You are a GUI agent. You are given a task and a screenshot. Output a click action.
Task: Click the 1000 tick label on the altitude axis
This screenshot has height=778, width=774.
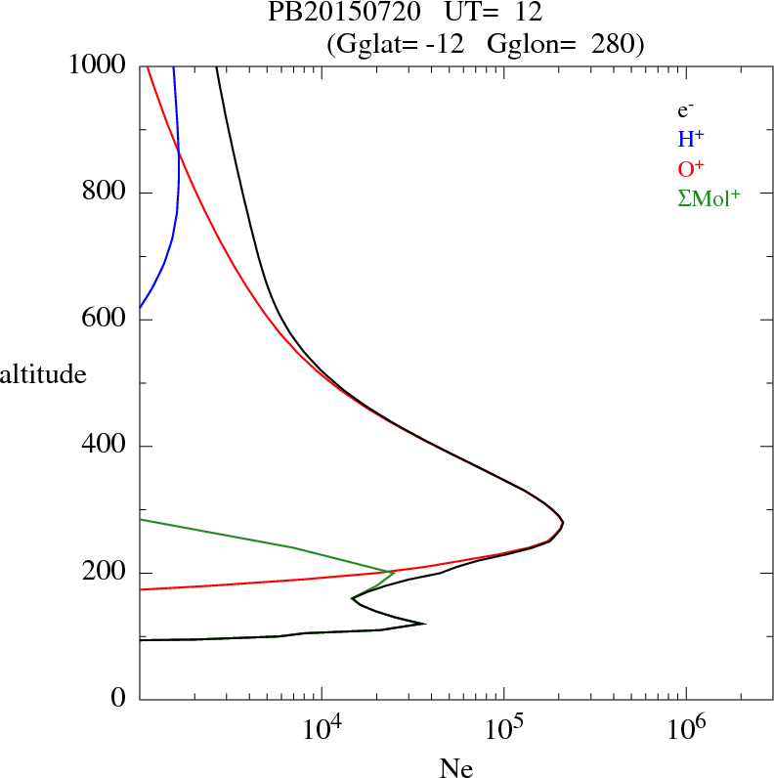point(98,65)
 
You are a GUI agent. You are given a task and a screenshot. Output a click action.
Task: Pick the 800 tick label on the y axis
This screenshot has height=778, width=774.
point(106,193)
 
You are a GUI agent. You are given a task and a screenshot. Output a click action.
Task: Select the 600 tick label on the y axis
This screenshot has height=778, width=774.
point(106,320)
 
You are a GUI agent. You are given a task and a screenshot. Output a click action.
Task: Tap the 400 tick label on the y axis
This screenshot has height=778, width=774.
point(106,446)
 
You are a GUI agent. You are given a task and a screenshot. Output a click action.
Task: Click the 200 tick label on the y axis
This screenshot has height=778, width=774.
point(106,573)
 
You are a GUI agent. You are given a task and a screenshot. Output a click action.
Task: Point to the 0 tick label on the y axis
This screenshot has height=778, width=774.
point(119,699)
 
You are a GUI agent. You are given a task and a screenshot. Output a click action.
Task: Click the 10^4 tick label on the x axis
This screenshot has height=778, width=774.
point(322,731)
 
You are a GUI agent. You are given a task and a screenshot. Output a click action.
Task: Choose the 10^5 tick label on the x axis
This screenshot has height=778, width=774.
point(503,731)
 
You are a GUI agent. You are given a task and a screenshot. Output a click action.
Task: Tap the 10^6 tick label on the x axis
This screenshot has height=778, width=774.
point(685,731)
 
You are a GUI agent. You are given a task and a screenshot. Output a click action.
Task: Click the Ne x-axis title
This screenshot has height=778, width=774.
point(455,767)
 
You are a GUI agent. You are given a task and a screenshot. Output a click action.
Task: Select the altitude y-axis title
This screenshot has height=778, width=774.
point(43,373)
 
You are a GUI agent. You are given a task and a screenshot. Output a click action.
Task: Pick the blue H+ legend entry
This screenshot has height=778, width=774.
point(691,139)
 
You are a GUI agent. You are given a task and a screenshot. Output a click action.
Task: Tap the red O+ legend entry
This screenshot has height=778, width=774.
point(691,168)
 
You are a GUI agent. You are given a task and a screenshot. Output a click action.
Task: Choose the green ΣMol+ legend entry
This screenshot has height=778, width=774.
point(709,197)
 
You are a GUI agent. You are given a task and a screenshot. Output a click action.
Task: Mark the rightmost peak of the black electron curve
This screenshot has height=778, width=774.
point(563,523)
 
